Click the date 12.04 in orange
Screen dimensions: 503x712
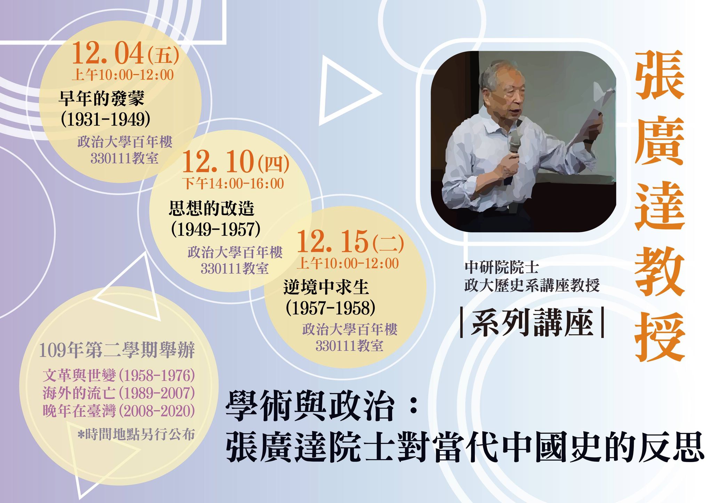108,54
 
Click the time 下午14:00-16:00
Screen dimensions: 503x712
234,183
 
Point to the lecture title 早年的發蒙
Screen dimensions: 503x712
102,98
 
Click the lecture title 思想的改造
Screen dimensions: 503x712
212,208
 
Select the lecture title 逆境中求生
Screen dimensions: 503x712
326,287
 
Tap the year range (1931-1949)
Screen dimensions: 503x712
106,119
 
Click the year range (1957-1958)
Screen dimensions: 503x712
330,308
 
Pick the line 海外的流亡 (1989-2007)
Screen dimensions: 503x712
119,393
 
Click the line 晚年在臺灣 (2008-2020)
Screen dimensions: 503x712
119,411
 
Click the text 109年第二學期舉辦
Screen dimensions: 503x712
117,350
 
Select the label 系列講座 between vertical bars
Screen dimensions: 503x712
532,323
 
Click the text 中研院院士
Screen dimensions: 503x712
502,267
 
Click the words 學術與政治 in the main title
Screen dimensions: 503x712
309,407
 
